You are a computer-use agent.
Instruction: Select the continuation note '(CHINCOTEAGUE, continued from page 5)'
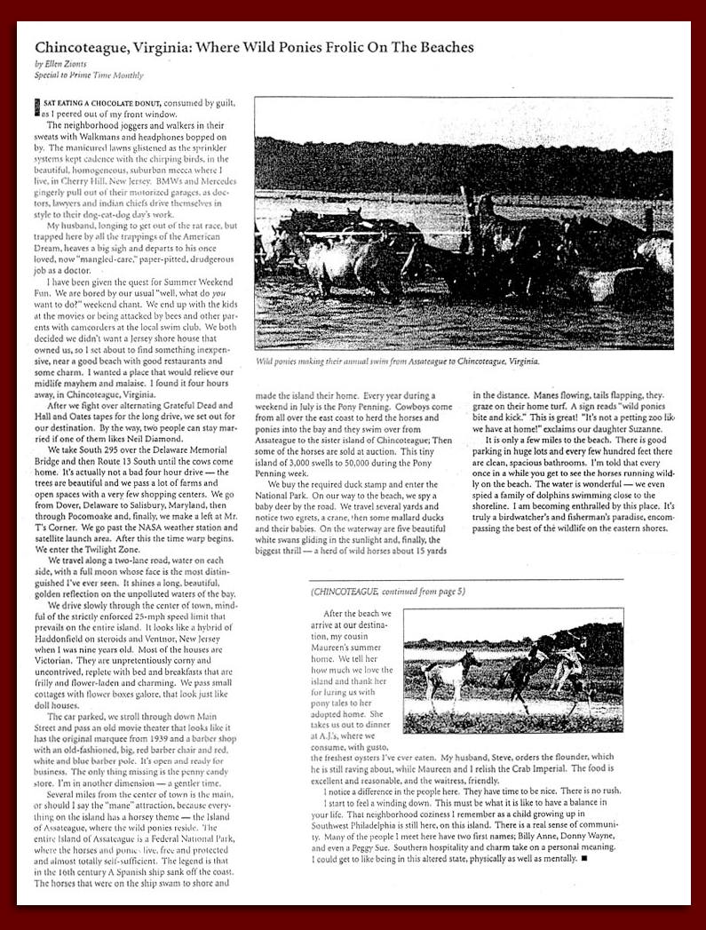(388, 592)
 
